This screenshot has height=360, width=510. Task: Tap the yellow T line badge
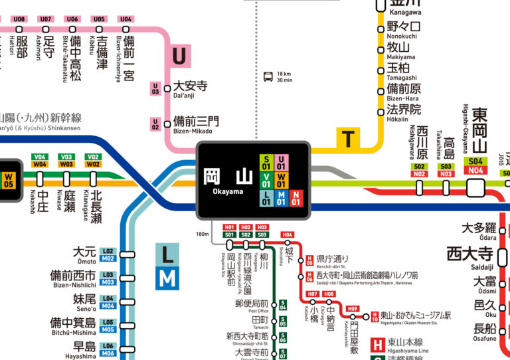pyautogui.click(x=347, y=138)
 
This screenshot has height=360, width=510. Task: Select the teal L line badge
pyautogui.click(x=167, y=254)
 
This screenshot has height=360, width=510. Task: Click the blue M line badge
pyautogui.click(x=167, y=278)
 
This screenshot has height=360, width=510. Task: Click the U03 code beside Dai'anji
pyautogui.click(x=156, y=88)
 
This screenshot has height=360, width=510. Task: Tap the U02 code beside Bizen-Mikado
pyautogui.click(x=156, y=124)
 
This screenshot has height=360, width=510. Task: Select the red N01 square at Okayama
pyautogui.click(x=296, y=197)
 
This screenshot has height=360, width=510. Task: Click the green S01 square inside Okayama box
pyautogui.click(x=266, y=162)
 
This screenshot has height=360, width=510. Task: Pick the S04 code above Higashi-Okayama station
pyautogui.click(x=475, y=161)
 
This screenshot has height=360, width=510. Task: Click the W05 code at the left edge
pyautogui.click(x=9, y=180)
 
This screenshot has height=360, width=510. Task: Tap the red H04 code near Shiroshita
pyautogui.click(x=288, y=235)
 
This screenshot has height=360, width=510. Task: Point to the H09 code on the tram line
pyautogui.click(x=353, y=308)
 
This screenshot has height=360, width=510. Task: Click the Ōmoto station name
pyautogui.click(x=84, y=254)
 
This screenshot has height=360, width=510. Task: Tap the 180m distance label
pyautogui.click(x=203, y=234)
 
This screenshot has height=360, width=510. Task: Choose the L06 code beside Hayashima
pyautogui.click(x=108, y=346)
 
